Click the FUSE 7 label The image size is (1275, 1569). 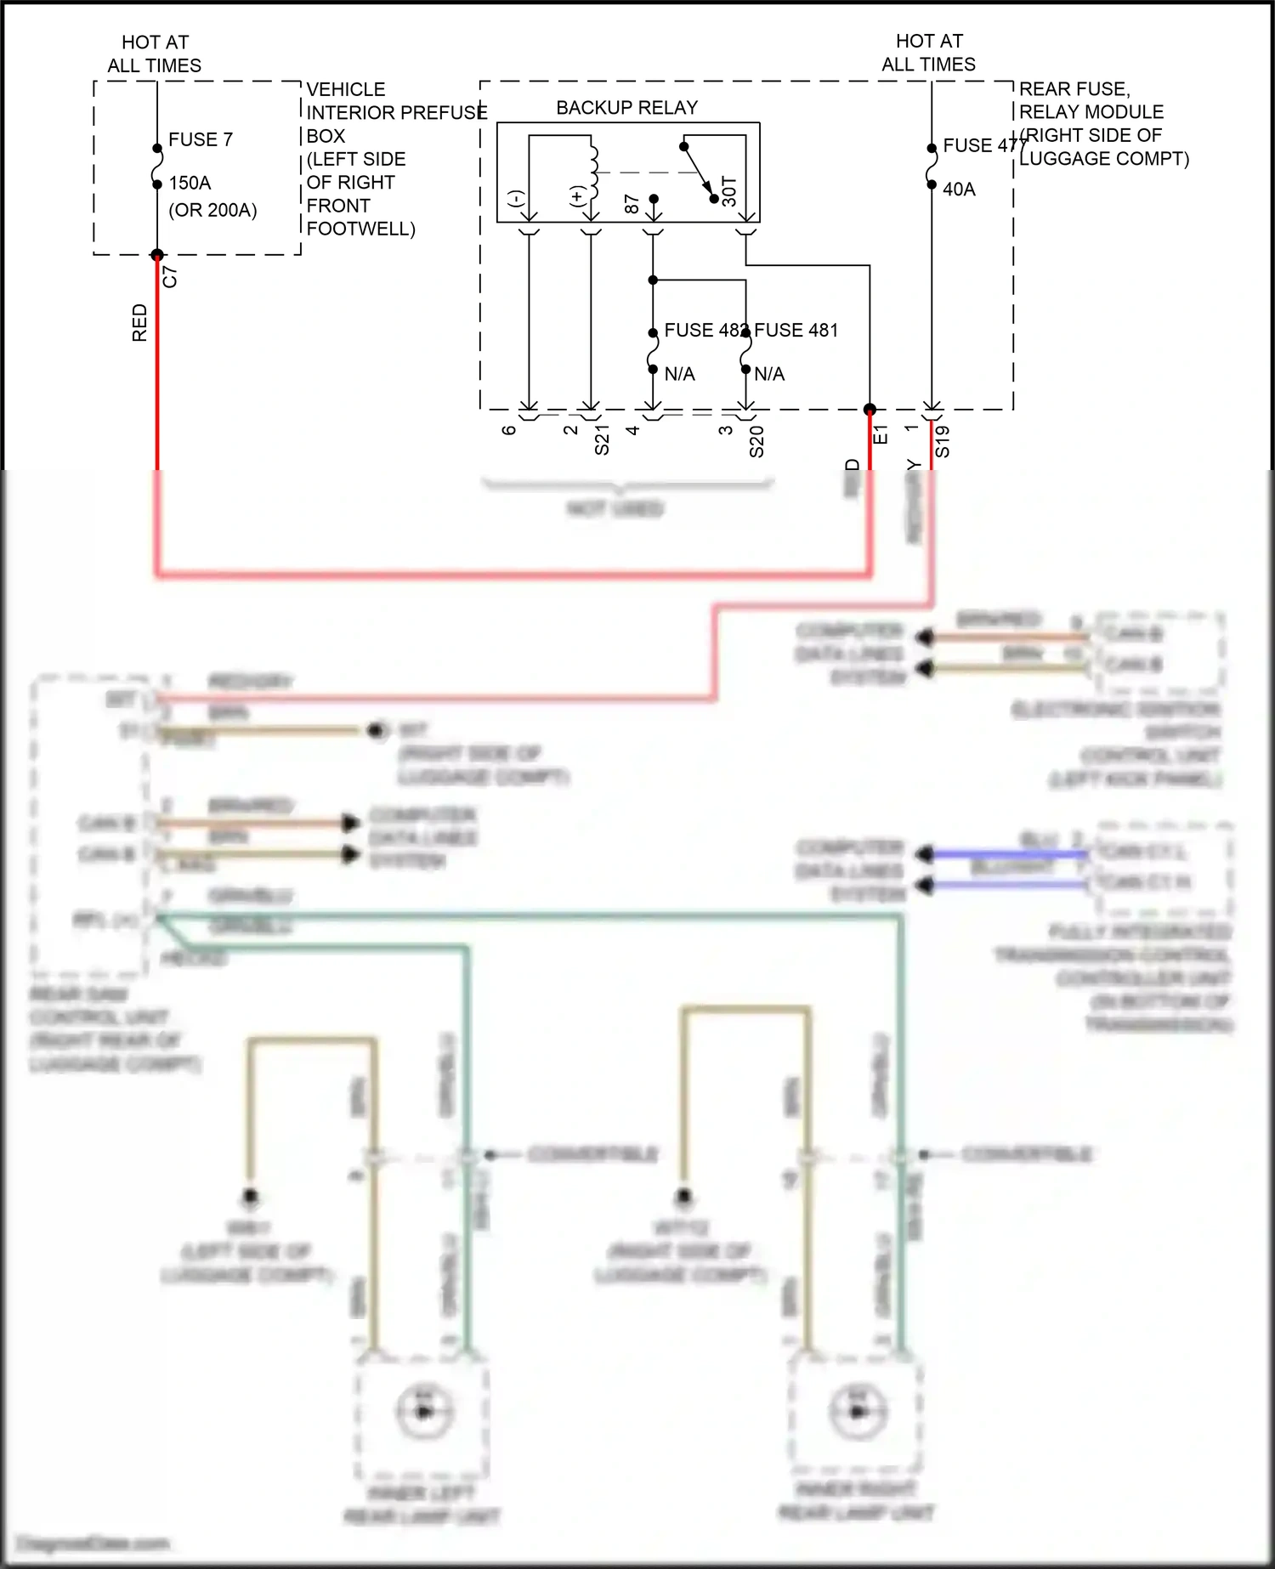point(200,139)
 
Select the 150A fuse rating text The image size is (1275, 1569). point(190,183)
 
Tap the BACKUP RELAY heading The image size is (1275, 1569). point(626,108)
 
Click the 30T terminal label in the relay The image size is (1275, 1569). point(729,192)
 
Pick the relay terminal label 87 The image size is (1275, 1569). point(632,204)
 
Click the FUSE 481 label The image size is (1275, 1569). point(796,331)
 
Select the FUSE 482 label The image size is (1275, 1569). point(702,331)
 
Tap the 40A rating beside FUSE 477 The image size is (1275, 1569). point(959,190)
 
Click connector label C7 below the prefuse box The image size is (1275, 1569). point(170,276)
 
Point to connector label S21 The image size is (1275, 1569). point(602,441)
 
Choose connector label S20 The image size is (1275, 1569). point(756,442)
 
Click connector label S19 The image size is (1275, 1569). point(943,442)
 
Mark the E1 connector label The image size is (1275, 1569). point(881,434)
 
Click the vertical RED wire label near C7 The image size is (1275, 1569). point(140,323)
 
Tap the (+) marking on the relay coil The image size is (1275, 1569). point(577,197)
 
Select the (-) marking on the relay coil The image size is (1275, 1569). point(515,199)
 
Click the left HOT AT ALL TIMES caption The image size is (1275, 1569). point(155,54)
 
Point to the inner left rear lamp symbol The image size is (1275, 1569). point(423,1411)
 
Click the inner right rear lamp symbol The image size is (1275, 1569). point(857,1411)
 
